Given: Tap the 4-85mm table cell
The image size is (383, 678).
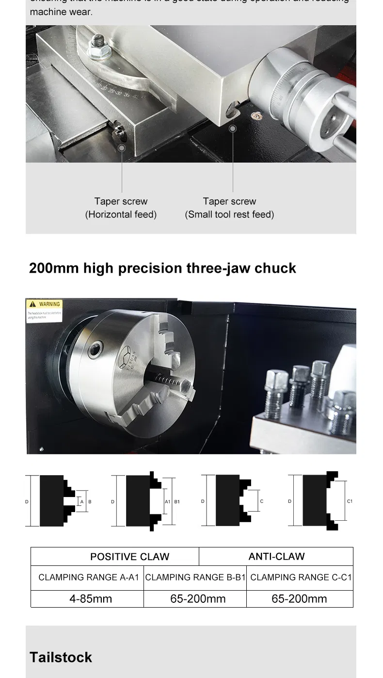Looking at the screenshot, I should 90,598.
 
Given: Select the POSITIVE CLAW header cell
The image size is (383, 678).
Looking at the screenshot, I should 129,557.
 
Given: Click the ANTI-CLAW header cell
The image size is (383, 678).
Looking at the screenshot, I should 276,557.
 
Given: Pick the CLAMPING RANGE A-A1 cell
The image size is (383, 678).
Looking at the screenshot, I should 89,578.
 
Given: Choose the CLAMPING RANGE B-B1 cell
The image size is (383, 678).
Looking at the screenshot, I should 195,578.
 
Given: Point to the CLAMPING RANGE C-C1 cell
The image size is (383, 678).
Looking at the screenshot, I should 301,578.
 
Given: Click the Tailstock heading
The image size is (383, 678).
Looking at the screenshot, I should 61,657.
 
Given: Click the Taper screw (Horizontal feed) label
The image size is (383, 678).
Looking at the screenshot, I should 121,208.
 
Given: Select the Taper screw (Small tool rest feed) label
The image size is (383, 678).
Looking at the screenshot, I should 229,208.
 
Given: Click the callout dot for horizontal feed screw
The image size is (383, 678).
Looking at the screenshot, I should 122,148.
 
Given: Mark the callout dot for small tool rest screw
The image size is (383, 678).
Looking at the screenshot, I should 233,129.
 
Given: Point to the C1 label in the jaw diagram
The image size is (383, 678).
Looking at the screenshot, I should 350,501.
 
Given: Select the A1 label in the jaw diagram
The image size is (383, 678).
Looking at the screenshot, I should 167,501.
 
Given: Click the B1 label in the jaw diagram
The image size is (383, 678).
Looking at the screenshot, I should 177,501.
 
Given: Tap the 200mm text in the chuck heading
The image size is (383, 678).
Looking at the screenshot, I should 53,268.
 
